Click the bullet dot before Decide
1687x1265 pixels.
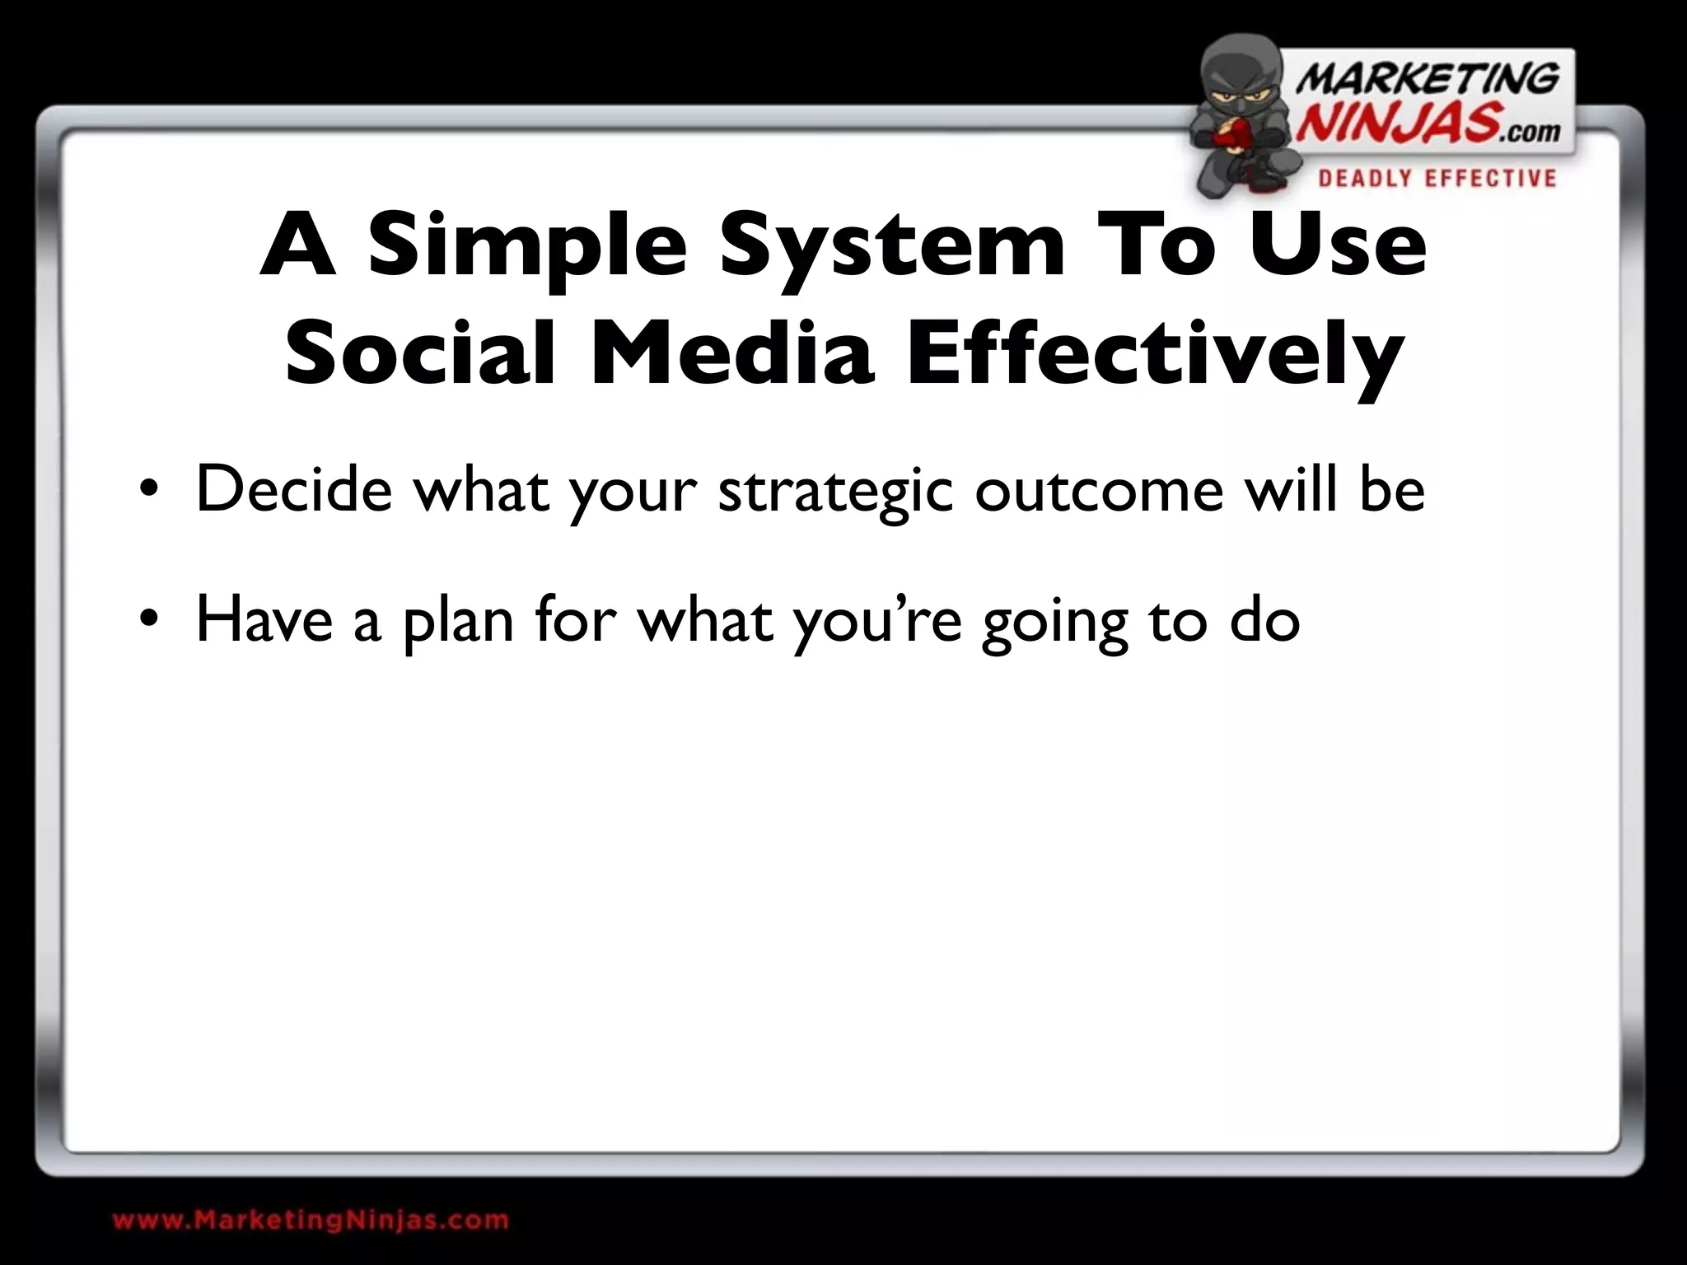[x=147, y=492]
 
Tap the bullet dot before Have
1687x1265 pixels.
[x=147, y=622]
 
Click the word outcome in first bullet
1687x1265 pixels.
[x=1099, y=491]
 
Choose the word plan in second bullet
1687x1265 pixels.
[x=458, y=623]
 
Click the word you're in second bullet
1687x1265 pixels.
[x=877, y=623]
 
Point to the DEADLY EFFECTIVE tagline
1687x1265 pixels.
[x=1437, y=179]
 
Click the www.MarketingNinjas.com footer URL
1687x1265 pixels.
[x=311, y=1220]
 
